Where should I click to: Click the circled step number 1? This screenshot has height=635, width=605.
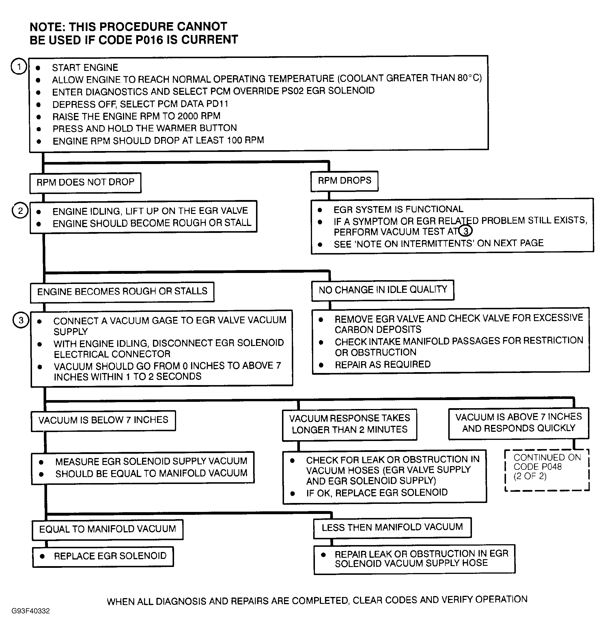click(x=19, y=67)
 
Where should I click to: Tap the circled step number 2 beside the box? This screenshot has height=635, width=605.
click(x=20, y=211)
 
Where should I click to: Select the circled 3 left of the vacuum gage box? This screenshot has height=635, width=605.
click(x=21, y=321)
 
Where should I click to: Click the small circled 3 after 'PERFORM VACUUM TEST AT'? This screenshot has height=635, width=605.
click(x=465, y=231)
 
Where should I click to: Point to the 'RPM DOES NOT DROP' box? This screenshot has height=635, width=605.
click(x=85, y=182)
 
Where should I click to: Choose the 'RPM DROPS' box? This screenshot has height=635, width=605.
click(x=344, y=181)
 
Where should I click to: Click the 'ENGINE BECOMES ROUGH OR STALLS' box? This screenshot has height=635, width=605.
click(x=122, y=292)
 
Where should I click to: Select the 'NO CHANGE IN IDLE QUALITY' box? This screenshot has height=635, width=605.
click(x=382, y=290)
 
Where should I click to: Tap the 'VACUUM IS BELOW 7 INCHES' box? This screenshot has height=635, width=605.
click(x=103, y=420)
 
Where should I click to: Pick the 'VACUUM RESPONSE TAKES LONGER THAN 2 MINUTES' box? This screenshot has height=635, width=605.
click(x=349, y=424)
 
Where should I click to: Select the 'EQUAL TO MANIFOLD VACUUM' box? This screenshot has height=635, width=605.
click(x=107, y=529)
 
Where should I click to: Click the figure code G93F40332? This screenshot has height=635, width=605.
click(x=31, y=611)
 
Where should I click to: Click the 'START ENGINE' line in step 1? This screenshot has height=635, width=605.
click(x=85, y=68)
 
